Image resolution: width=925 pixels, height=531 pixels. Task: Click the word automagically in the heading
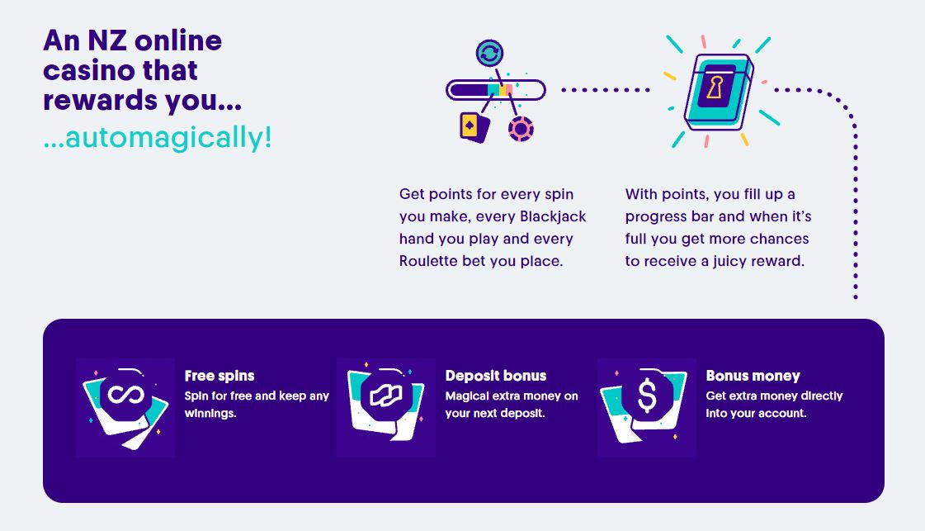pyautogui.click(x=163, y=138)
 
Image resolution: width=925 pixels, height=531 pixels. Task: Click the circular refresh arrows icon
pyautogui.click(x=489, y=53)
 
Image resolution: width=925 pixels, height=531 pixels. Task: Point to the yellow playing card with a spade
pyautogui.click(x=474, y=127)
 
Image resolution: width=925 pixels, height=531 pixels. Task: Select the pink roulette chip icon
pyautogui.click(x=521, y=129)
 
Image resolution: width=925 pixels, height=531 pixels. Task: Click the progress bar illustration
pyautogui.click(x=496, y=90)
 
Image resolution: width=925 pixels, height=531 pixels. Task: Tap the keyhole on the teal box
pyautogui.click(x=715, y=88)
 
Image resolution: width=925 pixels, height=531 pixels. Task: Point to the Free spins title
pyautogui.click(x=219, y=376)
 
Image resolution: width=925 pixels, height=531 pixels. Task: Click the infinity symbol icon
pyautogui.click(x=125, y=395)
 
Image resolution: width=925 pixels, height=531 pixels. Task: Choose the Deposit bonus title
pyautogui.click(x=496, y=376)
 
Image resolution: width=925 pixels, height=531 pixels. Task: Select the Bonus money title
pyautogui.click(x=753, y=376)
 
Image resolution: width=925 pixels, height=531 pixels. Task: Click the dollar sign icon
pyautogui.click(x=647, y=395)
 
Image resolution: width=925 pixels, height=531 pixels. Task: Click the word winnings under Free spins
pyautogui.click(x=210, y=414)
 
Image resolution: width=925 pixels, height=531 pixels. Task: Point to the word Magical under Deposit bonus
pyautogui.click(x=467, y=396)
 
